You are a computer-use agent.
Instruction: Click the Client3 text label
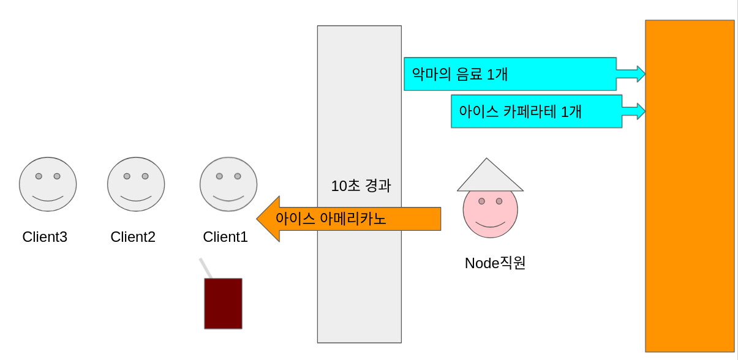coord(45,237)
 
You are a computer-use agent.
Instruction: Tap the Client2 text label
coord(133,237)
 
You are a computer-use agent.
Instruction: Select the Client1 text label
coord(225,237)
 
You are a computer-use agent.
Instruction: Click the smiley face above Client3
coord(48,184)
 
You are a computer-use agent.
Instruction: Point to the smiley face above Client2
coord(136,184)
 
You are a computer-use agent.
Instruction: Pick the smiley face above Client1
coord(228,184)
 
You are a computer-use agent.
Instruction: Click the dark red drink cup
coord(223,304)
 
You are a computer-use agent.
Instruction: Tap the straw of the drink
coord(205,268)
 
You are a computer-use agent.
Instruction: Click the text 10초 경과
coord(361,186)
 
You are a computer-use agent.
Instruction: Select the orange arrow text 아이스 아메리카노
coord(331,219)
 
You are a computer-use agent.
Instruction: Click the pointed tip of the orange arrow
coord(259,219)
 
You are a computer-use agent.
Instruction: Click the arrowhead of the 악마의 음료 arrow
coord(640,74)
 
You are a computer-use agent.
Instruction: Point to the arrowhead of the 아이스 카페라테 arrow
coord(641,111)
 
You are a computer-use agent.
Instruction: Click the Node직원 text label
coord(495,263)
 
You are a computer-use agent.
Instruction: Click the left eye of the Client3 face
coord(39,176)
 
